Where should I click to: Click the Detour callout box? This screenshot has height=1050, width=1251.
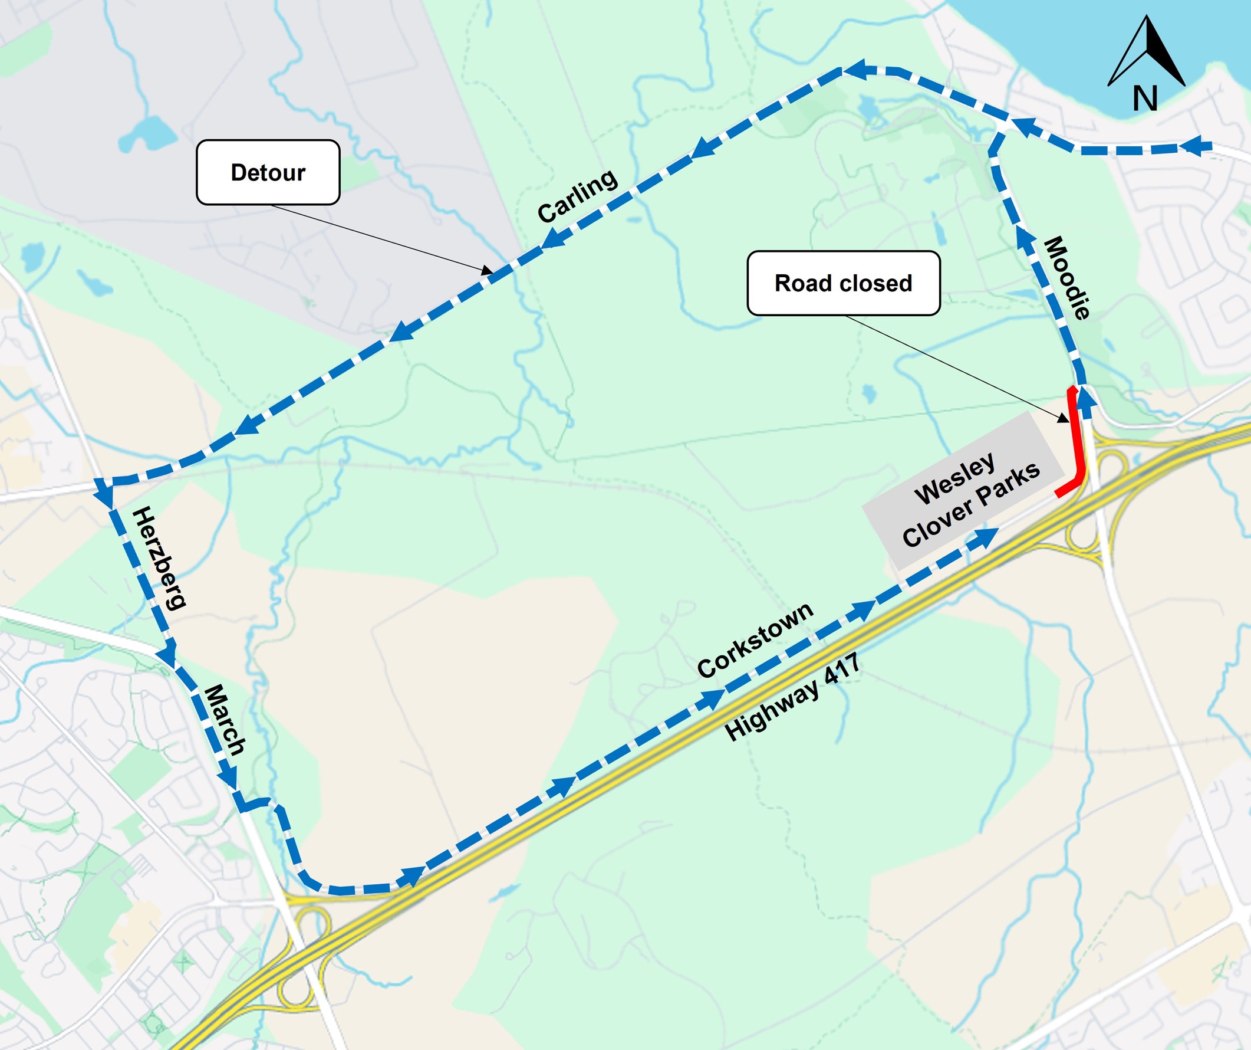268,172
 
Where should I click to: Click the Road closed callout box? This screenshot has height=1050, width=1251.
843,283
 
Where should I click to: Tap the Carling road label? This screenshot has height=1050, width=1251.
577,195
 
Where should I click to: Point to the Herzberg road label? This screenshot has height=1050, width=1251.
159,558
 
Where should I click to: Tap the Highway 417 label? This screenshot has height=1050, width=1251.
792,697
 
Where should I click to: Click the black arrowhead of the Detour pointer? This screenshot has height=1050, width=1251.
488,271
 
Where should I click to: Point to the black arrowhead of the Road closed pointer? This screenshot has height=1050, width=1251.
1064,419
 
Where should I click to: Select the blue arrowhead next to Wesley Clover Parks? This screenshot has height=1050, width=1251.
983,537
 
